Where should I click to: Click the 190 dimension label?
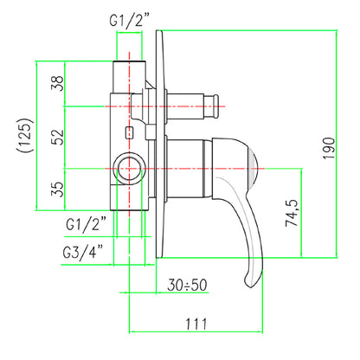[x=329, y=148]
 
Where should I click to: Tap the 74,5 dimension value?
[x=292, y=213]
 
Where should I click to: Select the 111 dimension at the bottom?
[x=196, y=324]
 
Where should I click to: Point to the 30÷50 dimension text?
[x=187, y=285]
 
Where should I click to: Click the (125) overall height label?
[x=25, y=135]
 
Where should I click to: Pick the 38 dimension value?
[x=57, y=83]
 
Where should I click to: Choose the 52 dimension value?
[x=57, y=138]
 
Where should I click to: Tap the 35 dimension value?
[x=57, y=189]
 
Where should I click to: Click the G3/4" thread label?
[x=83, y=252]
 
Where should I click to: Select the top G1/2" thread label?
[x=130, y=21]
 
